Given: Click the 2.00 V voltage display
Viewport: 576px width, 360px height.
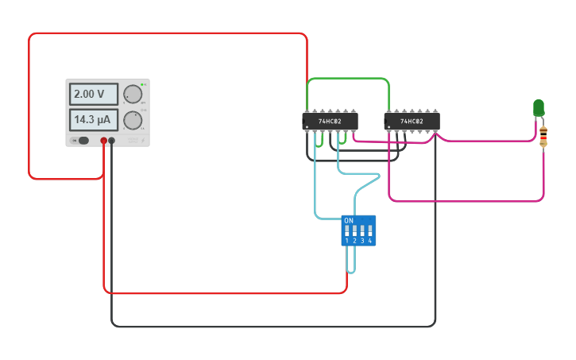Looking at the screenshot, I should (93, 94).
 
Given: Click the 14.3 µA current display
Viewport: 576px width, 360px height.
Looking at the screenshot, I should (93, 120).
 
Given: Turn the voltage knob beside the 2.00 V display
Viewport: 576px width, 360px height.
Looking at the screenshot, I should (133, 94).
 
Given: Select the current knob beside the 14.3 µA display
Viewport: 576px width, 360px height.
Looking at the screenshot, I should (133, 120).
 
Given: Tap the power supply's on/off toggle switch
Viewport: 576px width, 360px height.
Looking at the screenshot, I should (80, 141).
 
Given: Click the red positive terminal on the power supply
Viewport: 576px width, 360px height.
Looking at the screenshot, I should (103, 141).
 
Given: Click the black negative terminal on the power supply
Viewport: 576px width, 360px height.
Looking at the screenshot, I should (111, 141).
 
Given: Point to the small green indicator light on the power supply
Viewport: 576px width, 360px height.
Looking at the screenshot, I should (142, 84).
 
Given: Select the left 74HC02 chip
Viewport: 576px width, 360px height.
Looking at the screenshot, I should (330, 121).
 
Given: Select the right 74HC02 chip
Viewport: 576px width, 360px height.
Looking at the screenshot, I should (412, 121).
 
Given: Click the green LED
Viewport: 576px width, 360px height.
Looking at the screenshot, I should (539, 106).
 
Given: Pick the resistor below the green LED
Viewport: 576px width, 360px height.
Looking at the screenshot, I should (543, 136).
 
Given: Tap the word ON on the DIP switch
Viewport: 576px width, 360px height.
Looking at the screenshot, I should (349, 220).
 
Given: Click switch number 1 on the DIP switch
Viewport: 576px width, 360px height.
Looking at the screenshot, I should (347, 232).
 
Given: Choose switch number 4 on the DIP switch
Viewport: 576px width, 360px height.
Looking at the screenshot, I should (369, 232).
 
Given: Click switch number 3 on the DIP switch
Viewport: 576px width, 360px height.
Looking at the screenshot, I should (362, 232).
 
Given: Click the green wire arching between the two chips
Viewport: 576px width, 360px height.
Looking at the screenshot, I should (348, 79).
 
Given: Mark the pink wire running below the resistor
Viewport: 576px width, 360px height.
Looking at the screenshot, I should (469, 200).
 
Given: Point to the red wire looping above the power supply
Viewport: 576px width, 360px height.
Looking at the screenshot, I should (167, 33).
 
